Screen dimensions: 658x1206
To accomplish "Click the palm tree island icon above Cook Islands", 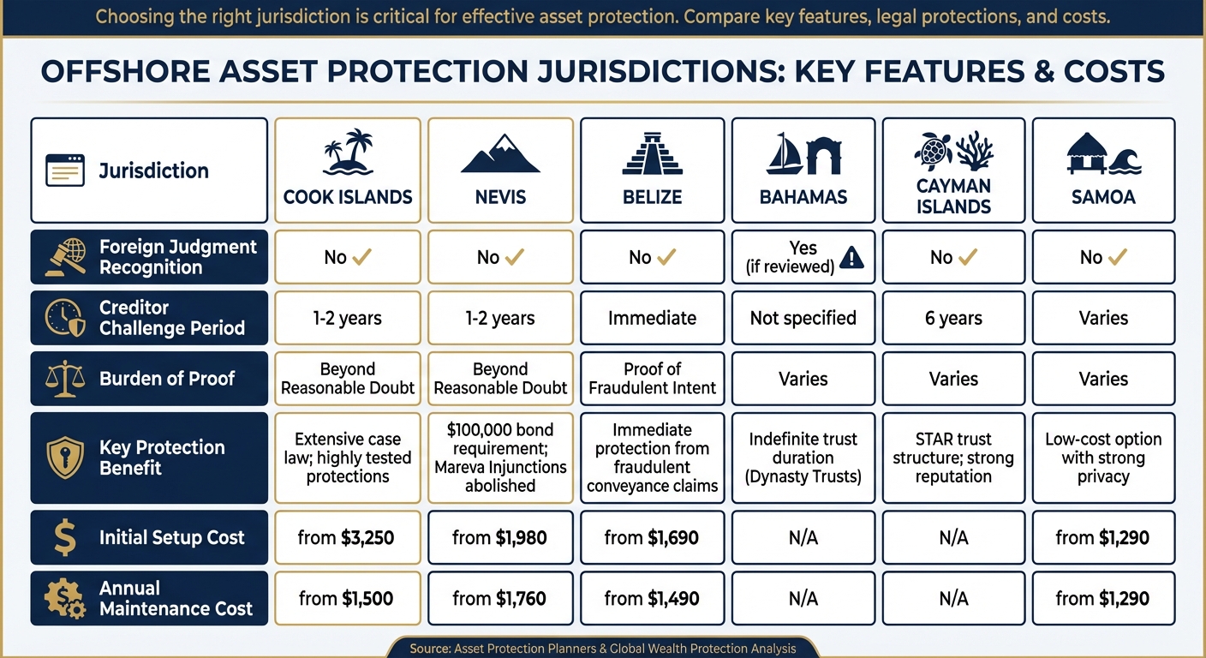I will click(348, 153).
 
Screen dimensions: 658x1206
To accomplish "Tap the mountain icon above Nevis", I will click(500, 154).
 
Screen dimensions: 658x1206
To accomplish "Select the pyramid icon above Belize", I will click(653, 154).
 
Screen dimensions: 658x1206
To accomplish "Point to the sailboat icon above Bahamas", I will click(785, 154).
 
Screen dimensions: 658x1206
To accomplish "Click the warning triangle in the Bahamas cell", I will click(851, 257).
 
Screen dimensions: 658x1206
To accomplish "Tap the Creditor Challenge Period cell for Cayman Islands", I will click(953, 319).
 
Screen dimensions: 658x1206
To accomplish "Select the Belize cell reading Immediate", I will click(653, 319).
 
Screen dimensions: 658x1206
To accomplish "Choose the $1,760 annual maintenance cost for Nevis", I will click(500, 599).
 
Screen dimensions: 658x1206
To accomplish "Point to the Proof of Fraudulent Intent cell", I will click(653, 379).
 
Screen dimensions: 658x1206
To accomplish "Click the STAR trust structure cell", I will click(953, 458).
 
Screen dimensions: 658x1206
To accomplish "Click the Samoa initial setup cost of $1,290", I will click(1103, 538).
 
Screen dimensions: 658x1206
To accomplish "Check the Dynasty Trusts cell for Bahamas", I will click(803, 458).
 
